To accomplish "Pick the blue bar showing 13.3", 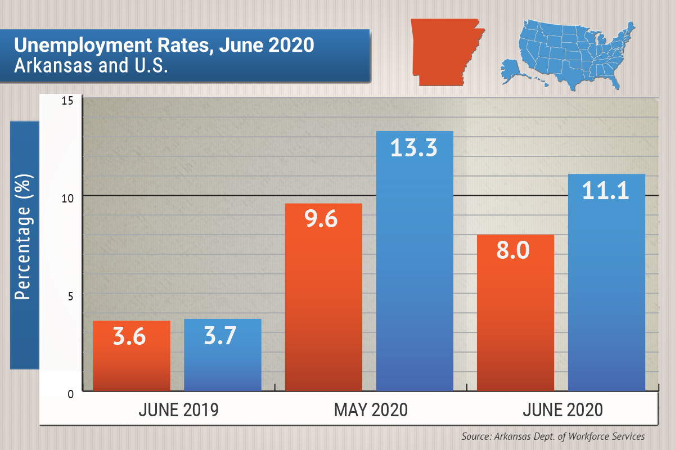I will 415,281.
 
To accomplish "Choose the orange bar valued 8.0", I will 515,326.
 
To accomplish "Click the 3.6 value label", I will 129,338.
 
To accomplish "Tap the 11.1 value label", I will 606,191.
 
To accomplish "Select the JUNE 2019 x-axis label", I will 178,410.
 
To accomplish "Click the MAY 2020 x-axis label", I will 370,410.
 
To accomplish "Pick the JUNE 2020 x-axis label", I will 562,410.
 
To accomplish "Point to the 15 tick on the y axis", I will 68,101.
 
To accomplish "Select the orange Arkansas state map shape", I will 444,51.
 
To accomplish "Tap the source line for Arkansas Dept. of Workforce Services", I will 553,436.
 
